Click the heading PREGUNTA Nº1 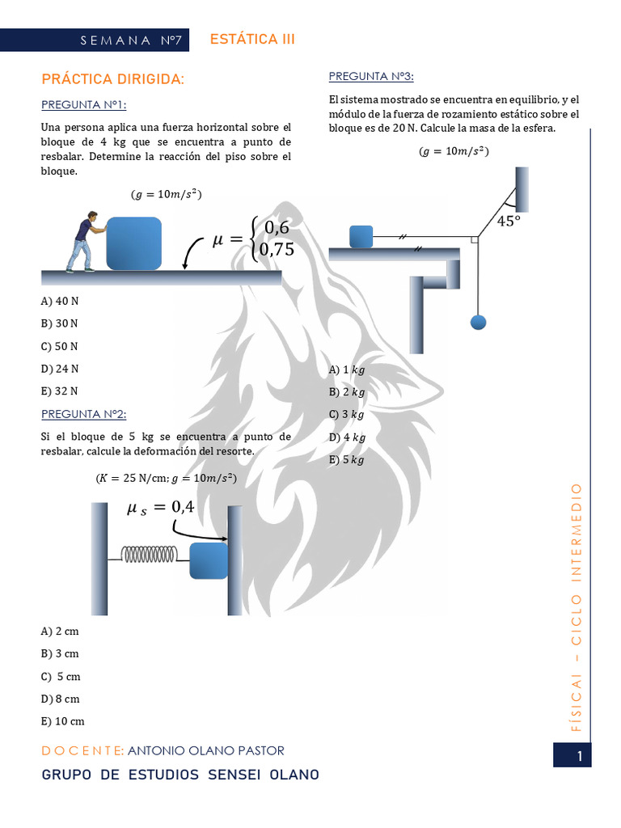point(83,105)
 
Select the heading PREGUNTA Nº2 point(83,414)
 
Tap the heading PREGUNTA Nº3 point(371,76)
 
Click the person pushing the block point(82,241)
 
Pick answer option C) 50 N point(59,346)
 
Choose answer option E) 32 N point(59,391)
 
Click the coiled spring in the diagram point(154,554)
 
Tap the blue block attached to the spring point(209,560)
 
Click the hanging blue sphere point(478,322)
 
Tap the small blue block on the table point(361,236)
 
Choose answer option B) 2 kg point(347,392)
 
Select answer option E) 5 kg point(347,459)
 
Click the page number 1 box point(579,756)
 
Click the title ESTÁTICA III point(252,40)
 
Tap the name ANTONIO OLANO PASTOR point(206,750)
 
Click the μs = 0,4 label point(160,507)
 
